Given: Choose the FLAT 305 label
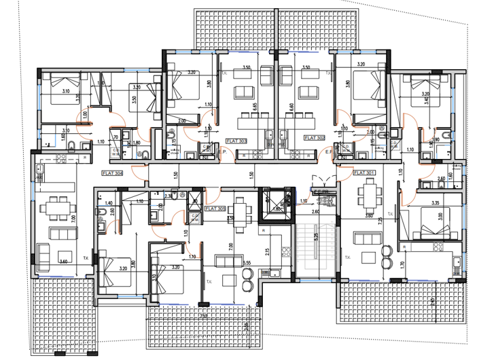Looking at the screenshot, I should [215, 209].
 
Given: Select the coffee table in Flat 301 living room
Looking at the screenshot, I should [369, 257].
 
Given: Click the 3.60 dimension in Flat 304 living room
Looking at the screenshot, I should [63, 262].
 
